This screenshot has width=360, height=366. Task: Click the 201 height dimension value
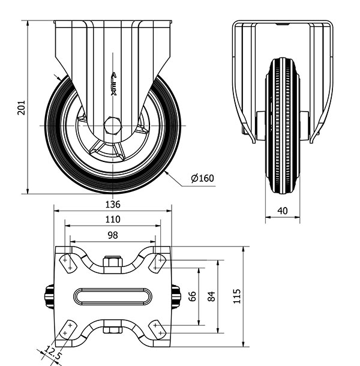[x=21, y=107]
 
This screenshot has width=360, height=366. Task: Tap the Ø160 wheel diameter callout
[x=202, y=178]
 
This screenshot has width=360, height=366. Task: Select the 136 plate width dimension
[x=113, y=205]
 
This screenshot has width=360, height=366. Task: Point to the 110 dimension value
[x=113, y=220]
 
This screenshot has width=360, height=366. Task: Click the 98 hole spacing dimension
[x=113, y=235]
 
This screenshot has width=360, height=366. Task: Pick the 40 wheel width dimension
[x=283, y=211]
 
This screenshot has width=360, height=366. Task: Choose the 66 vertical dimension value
[x=192, y=296]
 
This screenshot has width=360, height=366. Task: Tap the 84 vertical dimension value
[x=211, y=296]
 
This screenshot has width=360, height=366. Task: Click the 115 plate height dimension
[x=237, y=296]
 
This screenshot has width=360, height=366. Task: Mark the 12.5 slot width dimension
[x=53, y=352]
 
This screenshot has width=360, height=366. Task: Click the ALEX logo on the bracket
[x=113, y=84]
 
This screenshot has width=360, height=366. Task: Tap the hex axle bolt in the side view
[x=113, y=125]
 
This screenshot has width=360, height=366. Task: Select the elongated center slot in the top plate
[x=113, y=296]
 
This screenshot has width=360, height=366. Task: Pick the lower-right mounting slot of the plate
[x=158, y=329]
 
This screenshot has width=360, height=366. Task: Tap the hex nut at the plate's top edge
[x=113, y=262]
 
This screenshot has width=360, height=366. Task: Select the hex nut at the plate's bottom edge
[x=113, y=330]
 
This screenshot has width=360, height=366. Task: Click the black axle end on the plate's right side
[x=176, y=296]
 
